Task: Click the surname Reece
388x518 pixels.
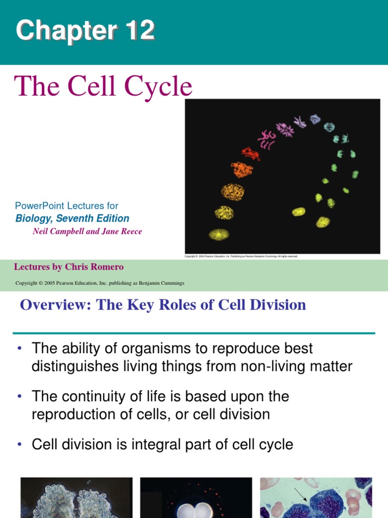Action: (130, 231)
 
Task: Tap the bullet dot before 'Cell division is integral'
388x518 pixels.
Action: (19, 445)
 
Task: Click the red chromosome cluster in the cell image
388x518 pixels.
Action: (251, 153)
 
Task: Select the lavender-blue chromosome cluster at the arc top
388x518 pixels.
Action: (315, 119)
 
